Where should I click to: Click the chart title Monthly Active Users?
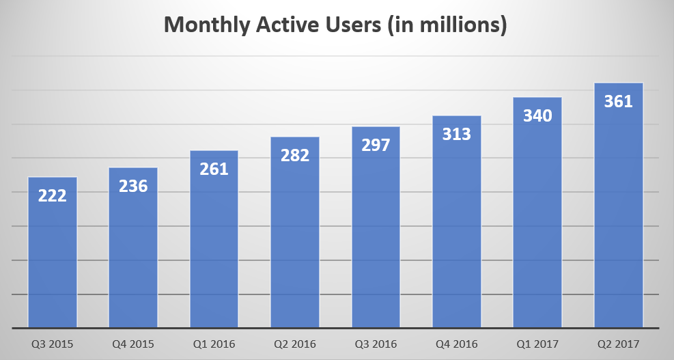(x=336, y=25)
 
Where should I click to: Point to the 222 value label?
(x=53, y=196)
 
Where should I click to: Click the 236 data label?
(x=133, y=186)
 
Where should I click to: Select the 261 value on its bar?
(x=214, y=169)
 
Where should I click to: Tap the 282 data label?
(x=295, y=155)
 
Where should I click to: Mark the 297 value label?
(x=376, y=146)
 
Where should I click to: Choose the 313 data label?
(x=457, y=135)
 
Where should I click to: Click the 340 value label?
(x=537, y=116)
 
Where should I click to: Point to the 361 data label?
(x=619, y=102)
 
